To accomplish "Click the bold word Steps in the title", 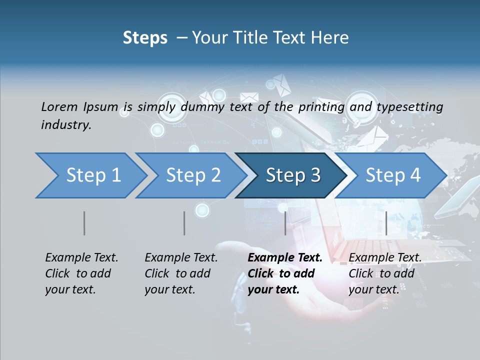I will coord(145,38).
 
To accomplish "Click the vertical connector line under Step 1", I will coord(84,223).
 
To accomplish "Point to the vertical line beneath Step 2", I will coord(184,223).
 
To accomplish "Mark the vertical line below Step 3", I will coord(285,223).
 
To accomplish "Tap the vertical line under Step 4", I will coord(386,223).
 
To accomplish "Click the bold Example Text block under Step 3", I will coord(285,273).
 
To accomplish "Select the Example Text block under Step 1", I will coord(81,273).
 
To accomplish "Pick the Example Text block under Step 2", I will coord(181,273).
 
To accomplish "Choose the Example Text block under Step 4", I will coord(385,273).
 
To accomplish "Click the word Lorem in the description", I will coord(59,107).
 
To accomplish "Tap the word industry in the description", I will coord(66,125).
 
